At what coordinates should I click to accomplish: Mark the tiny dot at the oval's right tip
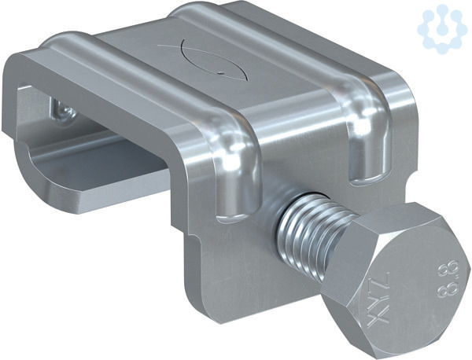[x=220, y=72]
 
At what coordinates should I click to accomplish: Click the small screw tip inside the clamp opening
[x=64, y=111]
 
